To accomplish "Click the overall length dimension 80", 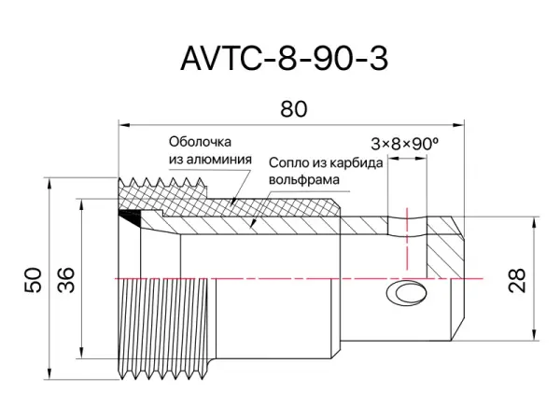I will (293, 109).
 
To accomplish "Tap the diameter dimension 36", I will (66, 279).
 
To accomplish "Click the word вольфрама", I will (301, 178).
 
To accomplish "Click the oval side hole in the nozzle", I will (408, 295).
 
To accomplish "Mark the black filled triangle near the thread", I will (132, 217).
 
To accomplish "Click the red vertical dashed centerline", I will (408, 243).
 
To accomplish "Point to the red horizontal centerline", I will (280, 278).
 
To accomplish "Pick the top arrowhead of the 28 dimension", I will (533, 223).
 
